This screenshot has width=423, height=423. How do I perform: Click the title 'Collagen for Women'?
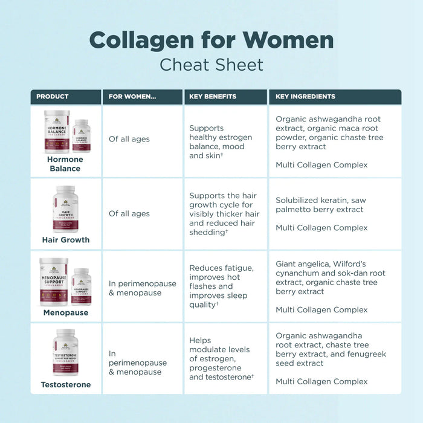[211, 40]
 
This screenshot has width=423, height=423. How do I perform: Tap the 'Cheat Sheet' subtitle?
[211, 64]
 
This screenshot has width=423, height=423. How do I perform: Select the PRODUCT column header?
[53, 97]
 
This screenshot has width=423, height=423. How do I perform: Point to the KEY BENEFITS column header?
[213, 97]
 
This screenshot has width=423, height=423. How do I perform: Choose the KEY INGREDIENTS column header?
[305, 97]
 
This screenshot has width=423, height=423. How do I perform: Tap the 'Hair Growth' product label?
[65, 240]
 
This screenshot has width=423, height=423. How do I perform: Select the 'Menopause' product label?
[65, 312]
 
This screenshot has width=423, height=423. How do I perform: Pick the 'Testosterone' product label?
[65, 384]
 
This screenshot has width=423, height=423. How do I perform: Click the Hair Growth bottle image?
[65, 209]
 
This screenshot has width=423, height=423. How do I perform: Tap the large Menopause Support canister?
[54, 282]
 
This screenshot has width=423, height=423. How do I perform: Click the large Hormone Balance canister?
[56, 131]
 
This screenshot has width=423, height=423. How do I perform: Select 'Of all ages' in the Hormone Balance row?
[129, 140]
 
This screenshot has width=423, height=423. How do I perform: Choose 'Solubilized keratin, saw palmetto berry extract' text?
[321, 205]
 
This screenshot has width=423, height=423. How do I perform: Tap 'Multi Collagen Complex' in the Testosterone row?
[321, 381]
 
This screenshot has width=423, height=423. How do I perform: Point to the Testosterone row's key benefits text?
[221, 359]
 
